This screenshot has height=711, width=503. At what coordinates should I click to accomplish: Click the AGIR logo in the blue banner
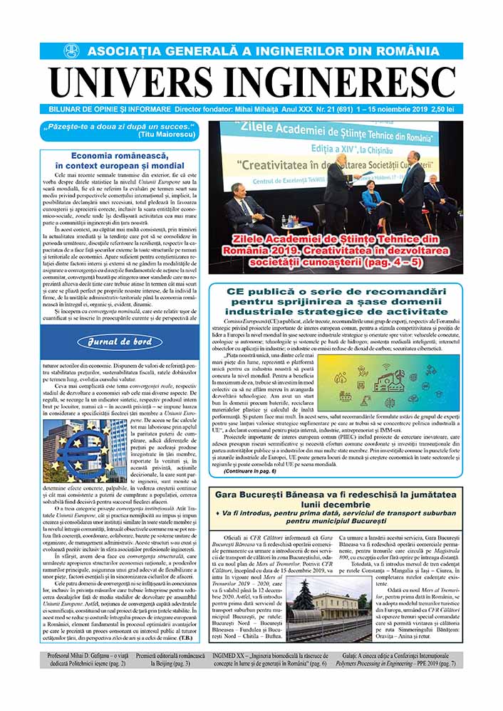71,51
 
